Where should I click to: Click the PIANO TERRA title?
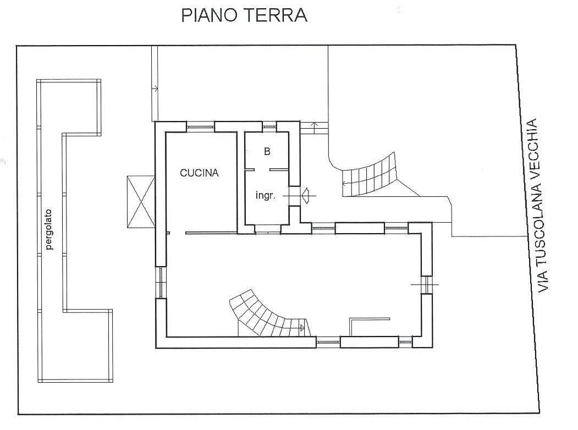244,15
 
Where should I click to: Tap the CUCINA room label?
199,173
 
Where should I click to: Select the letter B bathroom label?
267,151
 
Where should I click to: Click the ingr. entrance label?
266,196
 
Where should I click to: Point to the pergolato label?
49,229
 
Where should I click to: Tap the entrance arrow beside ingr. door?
306,195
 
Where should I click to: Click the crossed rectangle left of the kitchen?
140,202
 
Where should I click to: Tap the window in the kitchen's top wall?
200,126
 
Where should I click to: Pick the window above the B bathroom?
269,126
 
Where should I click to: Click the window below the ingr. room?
268,229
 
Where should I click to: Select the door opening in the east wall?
427,284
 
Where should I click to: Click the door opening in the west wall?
161,282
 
